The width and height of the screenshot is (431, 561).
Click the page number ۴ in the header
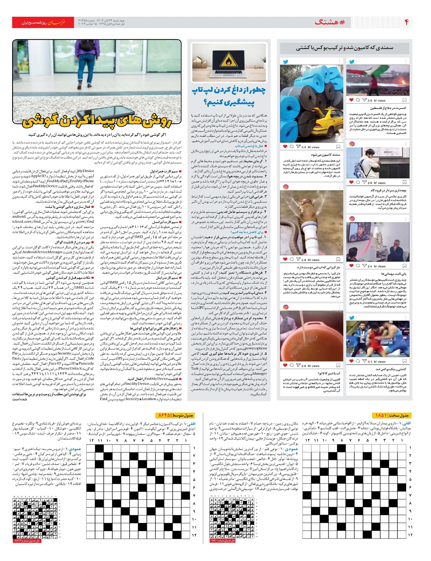407,22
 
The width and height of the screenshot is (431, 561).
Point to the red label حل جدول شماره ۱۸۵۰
222,540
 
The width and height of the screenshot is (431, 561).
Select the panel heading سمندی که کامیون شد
345,48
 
